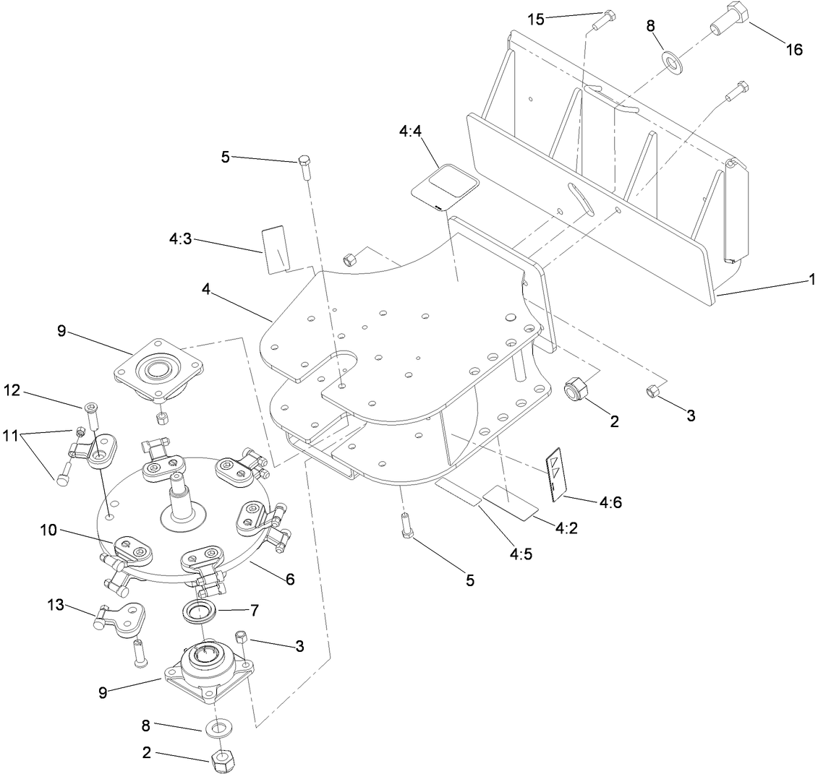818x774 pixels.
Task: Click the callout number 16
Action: click(x=794, y=48)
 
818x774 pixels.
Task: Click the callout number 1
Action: click(x=812, y=278)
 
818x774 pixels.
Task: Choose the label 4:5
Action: click(x=519, y=555)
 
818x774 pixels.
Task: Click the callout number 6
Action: click(x=289, y=579)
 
